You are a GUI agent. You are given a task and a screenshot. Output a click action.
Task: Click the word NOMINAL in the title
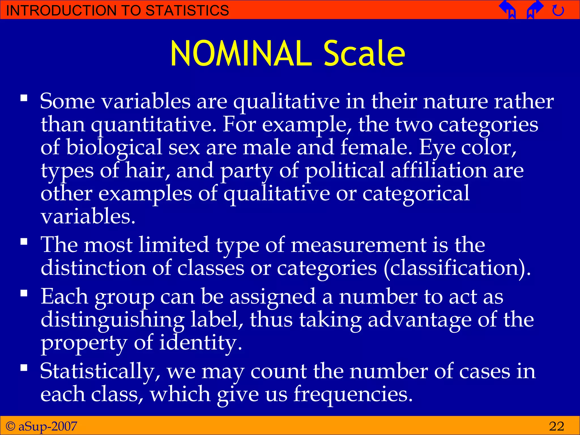point(241,54)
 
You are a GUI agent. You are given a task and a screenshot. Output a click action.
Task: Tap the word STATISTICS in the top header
point(187,10)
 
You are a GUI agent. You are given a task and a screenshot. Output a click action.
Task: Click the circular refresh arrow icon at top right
point(558,11)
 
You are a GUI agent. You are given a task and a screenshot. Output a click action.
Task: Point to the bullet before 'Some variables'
point(24,98)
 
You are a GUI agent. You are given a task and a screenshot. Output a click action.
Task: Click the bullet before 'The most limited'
point(24,242)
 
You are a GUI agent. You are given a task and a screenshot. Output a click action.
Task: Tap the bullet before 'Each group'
point(24,293)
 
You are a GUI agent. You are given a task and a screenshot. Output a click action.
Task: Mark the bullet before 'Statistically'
point(24,368)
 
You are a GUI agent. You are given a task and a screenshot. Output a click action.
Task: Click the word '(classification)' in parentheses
point(457,268)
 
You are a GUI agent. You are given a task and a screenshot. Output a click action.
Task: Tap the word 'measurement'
point(359,245)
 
